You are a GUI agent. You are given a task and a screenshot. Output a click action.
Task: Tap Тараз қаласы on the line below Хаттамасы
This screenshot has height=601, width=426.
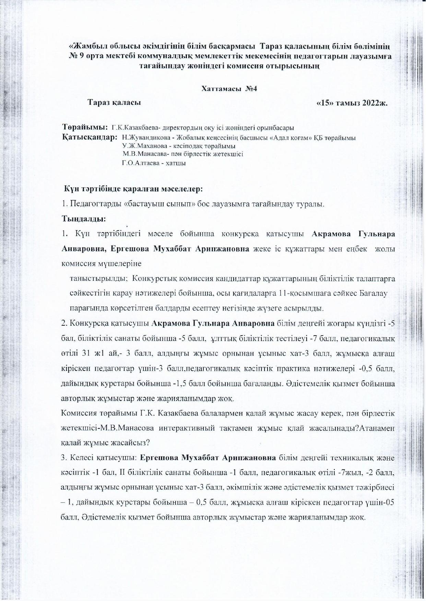[x=114, y=102]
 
